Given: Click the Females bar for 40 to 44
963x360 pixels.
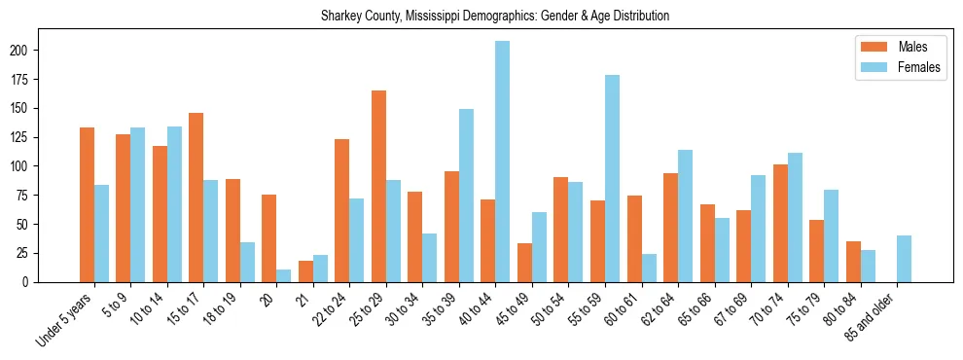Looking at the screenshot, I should [502, 162].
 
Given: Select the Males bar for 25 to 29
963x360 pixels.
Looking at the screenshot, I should [378, 186].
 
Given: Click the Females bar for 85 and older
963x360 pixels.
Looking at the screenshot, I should [904, 259].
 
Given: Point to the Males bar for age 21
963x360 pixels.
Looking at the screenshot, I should [305, 271].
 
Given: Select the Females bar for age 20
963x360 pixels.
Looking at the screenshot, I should [283, 275].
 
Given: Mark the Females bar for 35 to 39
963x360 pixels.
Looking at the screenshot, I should [466, 196].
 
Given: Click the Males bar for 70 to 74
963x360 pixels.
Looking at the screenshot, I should [780, 223].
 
